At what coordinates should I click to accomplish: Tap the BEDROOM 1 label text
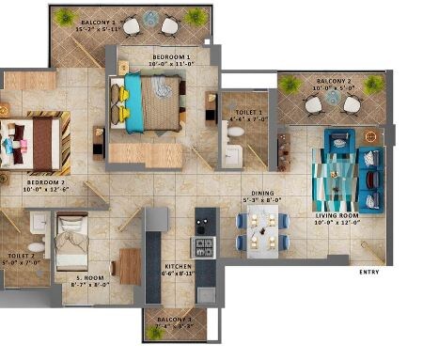pyautogui.click(x=171, y=57)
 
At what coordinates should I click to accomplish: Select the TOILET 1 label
pyautogui.click(x=249, y=113)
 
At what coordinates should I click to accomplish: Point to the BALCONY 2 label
pyautogui.click(x=334, y=82)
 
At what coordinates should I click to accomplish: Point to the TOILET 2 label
pyautogui.click(x=20, y=256)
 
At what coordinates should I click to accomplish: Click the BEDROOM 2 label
pyautogui.click(x=44, y=182)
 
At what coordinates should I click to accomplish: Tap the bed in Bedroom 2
pyautogui.click(x=35, y=143)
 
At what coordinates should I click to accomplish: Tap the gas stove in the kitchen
pyautogui.click(x=204, y=247)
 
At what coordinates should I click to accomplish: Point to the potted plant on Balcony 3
pyautogui.click(x=152, y=332)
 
